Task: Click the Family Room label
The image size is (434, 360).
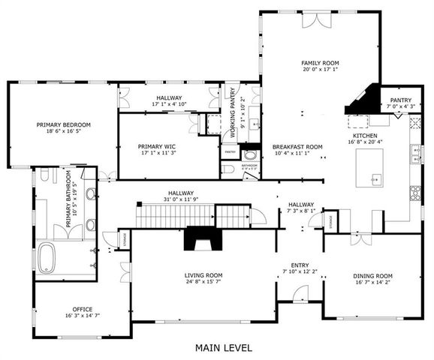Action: pos(321,64)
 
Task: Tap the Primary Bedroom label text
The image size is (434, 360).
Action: pos(64,124)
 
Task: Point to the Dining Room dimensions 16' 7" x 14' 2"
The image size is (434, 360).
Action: pos(373,283)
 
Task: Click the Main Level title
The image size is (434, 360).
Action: pos(224,348)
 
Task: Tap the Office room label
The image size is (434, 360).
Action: pos(83,309)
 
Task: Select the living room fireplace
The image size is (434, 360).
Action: pos(200,241)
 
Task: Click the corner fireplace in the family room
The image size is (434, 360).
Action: pos(363,100)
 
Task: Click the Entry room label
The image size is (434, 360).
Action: pos(300,265)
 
